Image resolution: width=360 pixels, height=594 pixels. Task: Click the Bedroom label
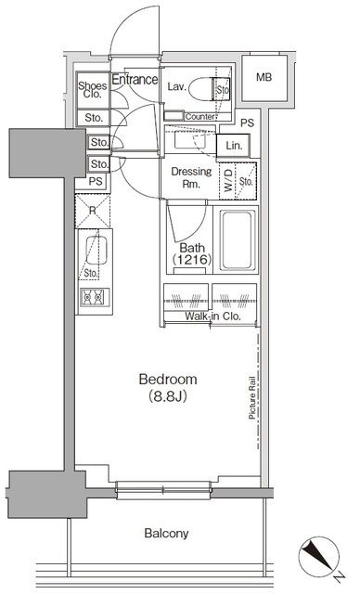click(166, 380)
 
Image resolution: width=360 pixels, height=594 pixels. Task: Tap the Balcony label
click(166, 533)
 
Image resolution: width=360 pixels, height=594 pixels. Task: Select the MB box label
click(264, 77)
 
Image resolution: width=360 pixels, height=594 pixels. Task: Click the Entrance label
click(135, 80)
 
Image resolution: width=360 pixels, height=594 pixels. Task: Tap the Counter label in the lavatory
click(200, 116)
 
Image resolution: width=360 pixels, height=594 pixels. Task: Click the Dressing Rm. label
click(191, 177)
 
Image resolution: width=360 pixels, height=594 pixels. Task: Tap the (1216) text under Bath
click(191, 263)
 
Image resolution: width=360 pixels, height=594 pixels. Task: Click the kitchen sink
click(92, 251)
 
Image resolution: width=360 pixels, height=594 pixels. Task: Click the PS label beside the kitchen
click(96, 182)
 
